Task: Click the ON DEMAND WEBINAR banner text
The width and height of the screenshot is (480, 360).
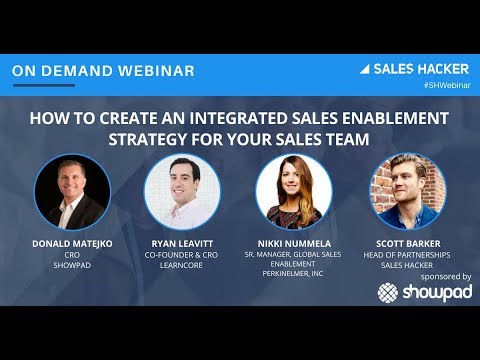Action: pos(104,71)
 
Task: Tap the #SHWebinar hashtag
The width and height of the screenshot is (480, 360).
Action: pos(447,88)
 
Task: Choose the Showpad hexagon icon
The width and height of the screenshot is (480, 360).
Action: pos(389,292)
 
